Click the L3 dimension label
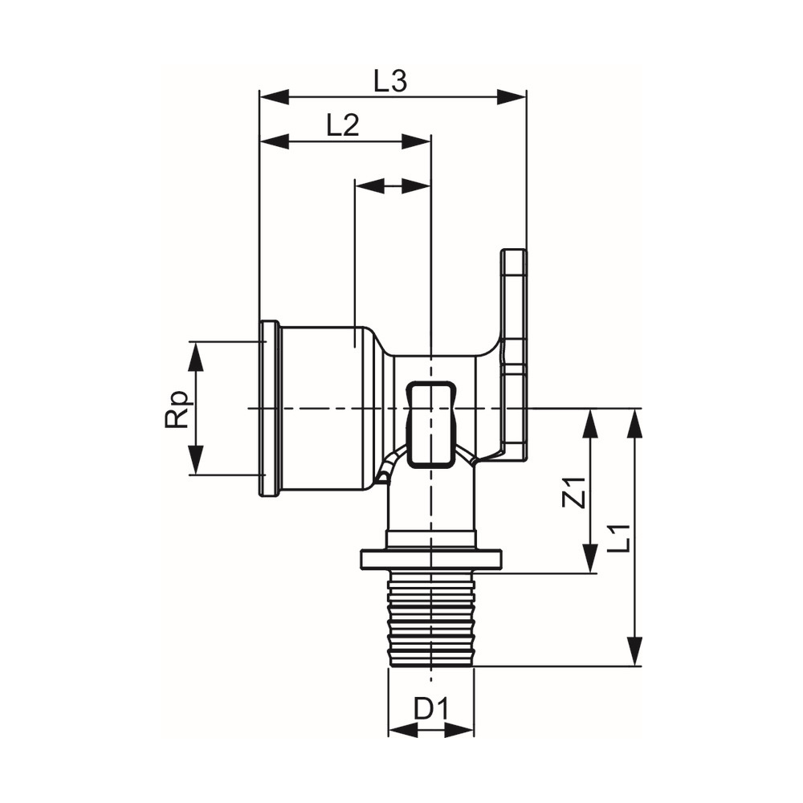click(x=389, y=82)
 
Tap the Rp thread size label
click(x=177, y=410)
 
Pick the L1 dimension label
click(x=619, y=538)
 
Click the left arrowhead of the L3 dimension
click(x=275, y=97)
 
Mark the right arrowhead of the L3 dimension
click(x=512, y=97)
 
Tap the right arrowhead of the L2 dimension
click(x=416, y=142)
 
